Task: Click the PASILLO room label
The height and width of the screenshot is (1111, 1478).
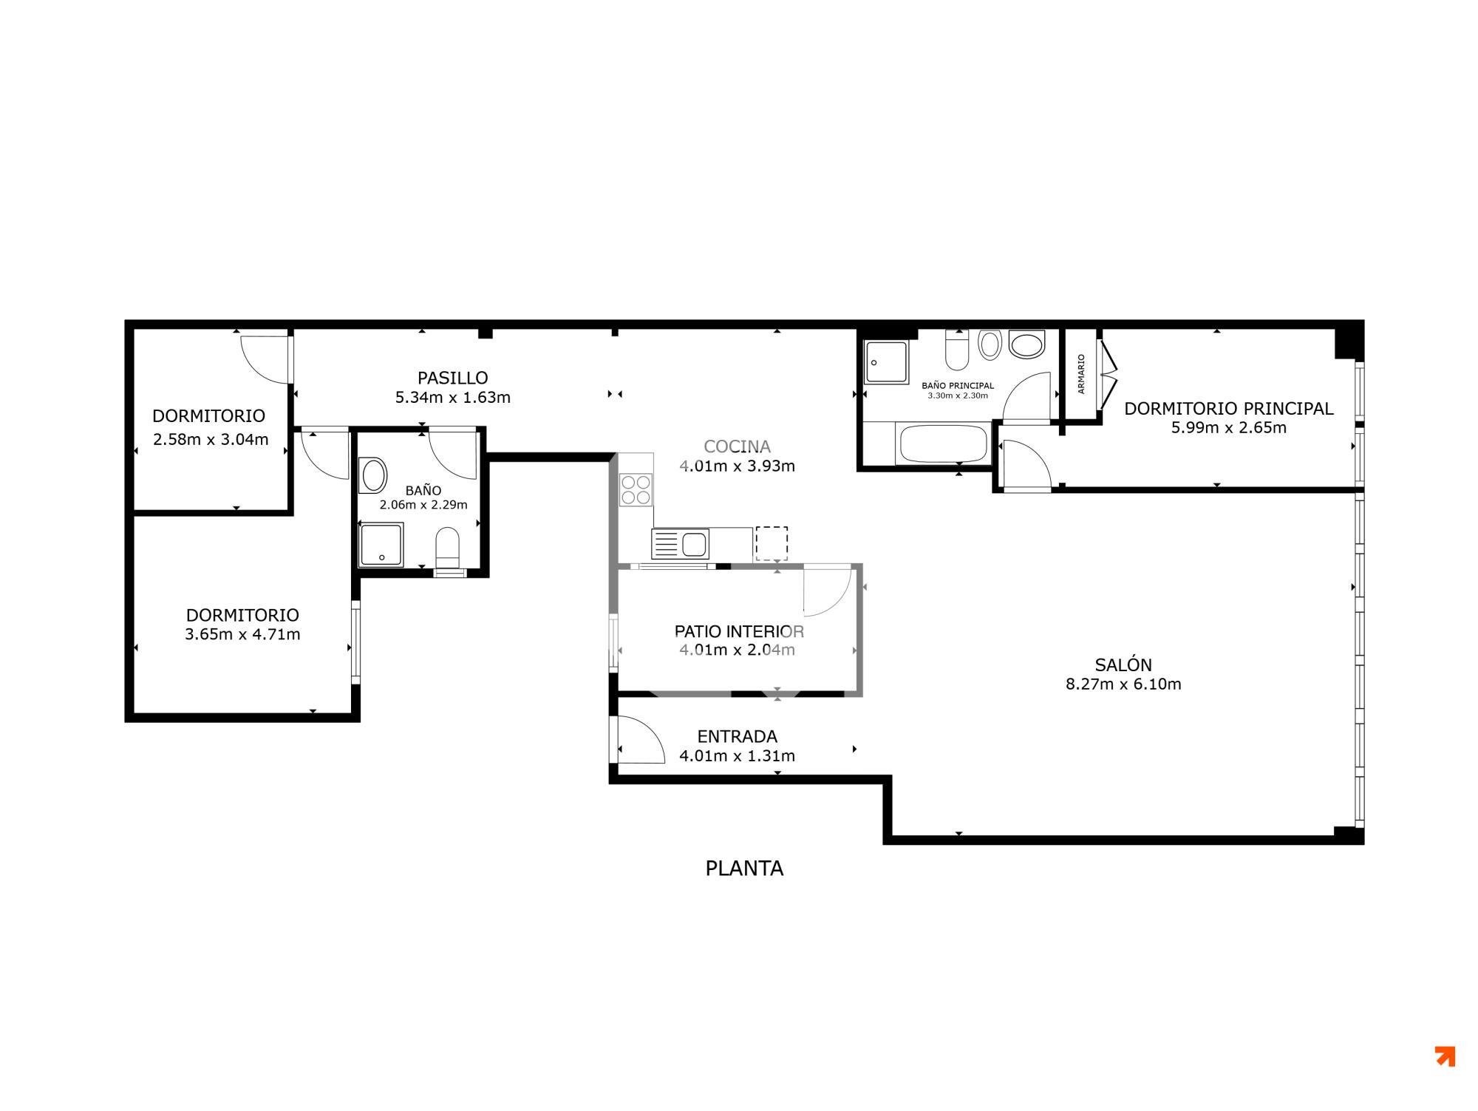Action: click(452, 378)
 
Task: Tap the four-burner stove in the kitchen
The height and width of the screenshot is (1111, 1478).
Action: click(636, 489)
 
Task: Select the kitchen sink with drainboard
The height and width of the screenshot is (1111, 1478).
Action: click(680, 544)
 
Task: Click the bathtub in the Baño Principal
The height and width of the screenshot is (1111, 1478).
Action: click(942, 444)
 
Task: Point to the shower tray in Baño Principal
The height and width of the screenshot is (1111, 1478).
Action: click(886, 362)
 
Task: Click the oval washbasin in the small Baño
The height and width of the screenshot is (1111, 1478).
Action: click(372, 475)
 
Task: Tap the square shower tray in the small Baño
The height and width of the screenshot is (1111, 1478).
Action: click(381, 545)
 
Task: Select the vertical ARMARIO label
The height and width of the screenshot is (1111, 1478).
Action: click(1081, 373)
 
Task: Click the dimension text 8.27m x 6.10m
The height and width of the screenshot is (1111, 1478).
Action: click(1123, 684)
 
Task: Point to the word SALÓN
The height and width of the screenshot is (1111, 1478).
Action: click(1123, 665)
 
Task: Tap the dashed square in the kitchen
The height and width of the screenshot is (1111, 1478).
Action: click(772, 543)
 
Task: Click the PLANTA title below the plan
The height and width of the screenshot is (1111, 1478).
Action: click(744, 869)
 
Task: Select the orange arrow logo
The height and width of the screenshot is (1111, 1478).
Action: click(1445, 1056)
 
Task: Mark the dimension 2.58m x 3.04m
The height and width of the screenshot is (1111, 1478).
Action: click(211, 440)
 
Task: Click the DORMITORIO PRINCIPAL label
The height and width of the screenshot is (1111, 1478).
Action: click(1229, 408)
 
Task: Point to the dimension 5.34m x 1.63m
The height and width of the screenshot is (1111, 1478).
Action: click(453, 398)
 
